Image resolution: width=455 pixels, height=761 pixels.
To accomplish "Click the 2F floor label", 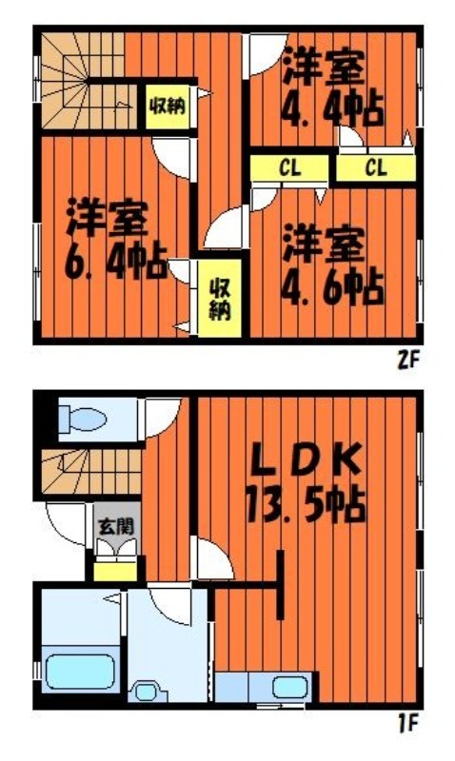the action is pyautogui.click(x=408, y=361).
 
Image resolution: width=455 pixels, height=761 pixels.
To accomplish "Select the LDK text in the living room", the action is pyautogui.click(x=306, y=459).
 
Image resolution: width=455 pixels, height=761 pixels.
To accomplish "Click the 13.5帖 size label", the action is pyautogui.click(x=306, y=505).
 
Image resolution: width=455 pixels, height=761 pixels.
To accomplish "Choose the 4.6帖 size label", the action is pyautogui.click(x=333, y=288).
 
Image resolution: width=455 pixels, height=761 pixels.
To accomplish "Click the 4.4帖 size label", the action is pyautogui.click(x=333, y=108).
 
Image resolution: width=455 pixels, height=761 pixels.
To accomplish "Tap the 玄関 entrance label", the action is pyautogui.click(x=116, y=527).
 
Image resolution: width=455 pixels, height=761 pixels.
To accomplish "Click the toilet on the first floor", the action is pyautogui.click(x=82, y=419).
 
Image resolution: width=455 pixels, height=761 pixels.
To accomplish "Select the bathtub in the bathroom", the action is pyautogui.click(x=81, y=672).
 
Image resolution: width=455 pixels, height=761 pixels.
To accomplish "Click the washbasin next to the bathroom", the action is pyautogui.click(x=148, y=692).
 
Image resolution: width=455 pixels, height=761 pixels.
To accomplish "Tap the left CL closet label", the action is pyautogui.click(x=290, y=168).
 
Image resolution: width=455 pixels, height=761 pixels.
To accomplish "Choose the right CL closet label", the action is pyautogui.click(x=376, y=168).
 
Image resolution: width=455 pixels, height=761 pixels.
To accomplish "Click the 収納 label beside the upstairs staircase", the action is pyautogui.click(x=168, y=106).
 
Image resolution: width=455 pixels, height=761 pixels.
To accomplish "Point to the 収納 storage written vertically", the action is pyautogui.click(x=220, y=300).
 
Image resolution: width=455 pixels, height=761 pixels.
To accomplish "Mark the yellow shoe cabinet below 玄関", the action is pyautogui.click(x=115, y=572).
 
